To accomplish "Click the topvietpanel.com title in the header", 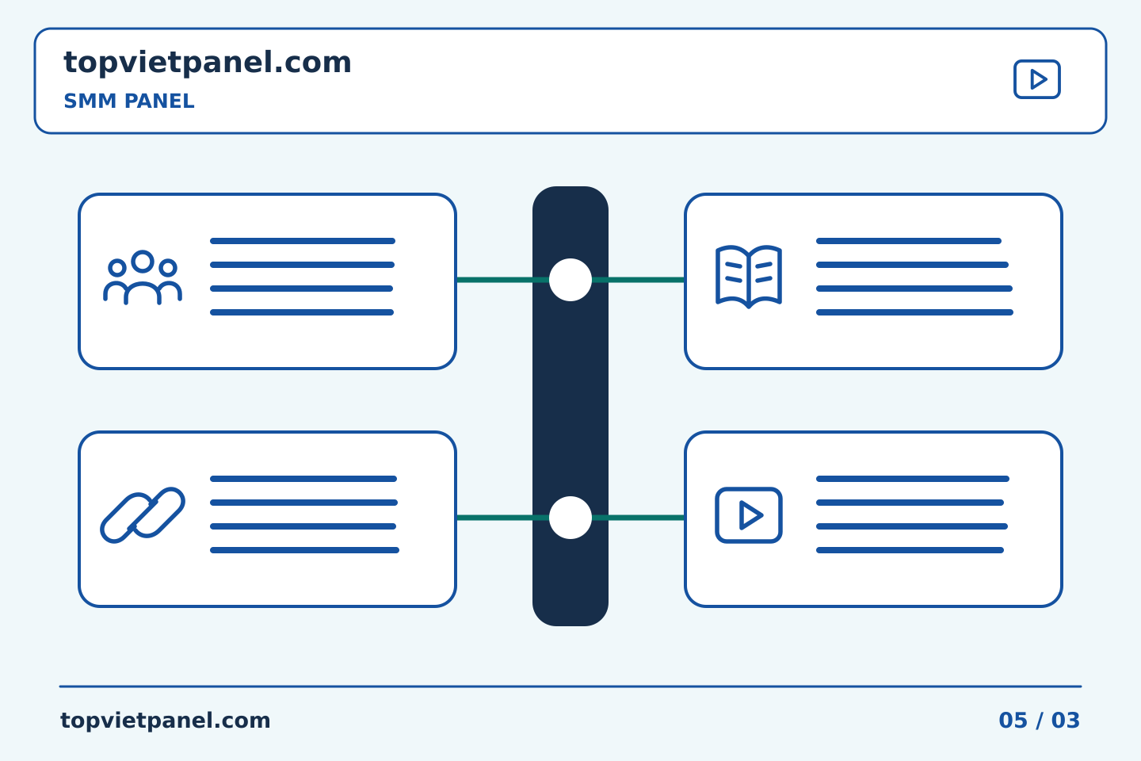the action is coord(208,63).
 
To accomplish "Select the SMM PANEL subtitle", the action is coord(129,101).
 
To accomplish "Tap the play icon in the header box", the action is coord(1036,79).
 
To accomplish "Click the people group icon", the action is coord(143,277).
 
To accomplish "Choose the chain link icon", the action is coord(143,515).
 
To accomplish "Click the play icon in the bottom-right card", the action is coord(748,515).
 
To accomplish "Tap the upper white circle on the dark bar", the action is coord(570,280).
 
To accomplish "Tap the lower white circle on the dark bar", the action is coord(570,518).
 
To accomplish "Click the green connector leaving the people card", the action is coord(502,280).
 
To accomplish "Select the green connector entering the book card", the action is coord(639,280).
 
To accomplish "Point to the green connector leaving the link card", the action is coord(502,518).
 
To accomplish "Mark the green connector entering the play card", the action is coord(639,518).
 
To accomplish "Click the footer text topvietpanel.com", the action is coord(165,721).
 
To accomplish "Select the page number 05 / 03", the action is coord(1039,721).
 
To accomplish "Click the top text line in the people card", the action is coord(303,241).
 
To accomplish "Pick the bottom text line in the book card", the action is coord(915,312).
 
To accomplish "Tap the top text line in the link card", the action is coord(303,479).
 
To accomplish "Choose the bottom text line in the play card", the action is coord(910,550).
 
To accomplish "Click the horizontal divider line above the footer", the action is coord(570,686).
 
